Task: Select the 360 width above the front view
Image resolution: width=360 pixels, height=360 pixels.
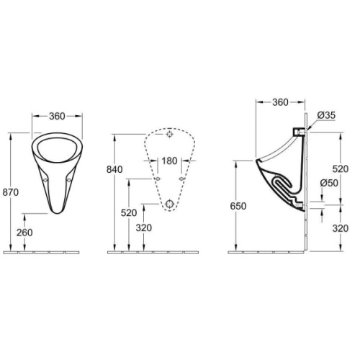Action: [x=58, y=116]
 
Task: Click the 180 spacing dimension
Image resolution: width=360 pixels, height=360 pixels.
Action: [x=169, y=160]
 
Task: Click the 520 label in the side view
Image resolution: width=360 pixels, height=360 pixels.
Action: [x=340, y=168]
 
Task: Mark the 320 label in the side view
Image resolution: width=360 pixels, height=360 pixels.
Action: [x=340, y=229]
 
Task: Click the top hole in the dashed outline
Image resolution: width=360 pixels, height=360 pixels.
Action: [x=169, y=135]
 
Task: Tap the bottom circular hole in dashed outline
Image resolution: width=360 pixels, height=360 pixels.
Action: [x=169, y=204]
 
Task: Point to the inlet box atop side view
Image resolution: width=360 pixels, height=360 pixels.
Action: [x=298, y=133]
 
